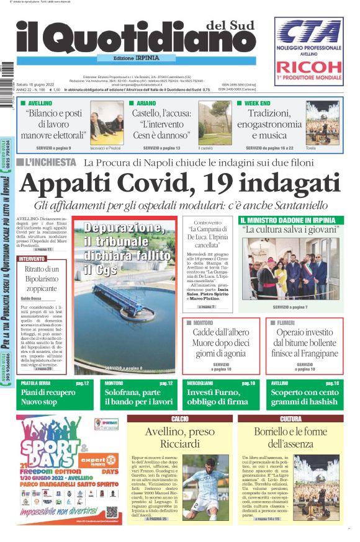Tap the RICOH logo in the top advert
click(308, 67)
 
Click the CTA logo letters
click(308, 30)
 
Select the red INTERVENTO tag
click(32, 259)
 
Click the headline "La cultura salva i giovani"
click(290, 230)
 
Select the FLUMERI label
click(285, 323)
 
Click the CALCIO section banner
click(180, 419)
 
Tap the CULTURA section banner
click(290, 419)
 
